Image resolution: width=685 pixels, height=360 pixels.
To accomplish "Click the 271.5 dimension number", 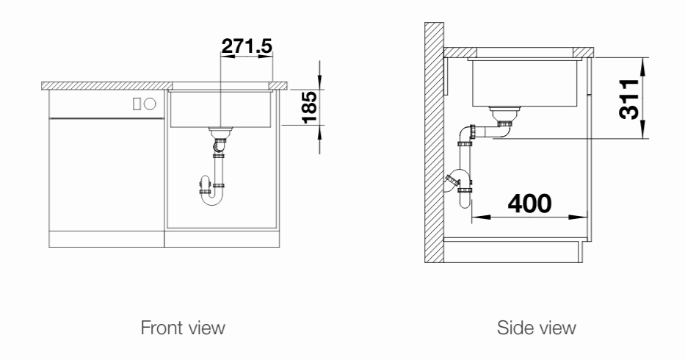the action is pyautogui.click(x=247, y=46).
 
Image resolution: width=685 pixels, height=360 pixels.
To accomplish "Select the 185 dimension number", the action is pyautogui.click(x=309, y=107).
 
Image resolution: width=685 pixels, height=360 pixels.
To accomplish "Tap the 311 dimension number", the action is pyautogui.click(x=629, y=99).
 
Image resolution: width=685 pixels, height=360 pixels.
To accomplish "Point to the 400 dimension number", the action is pyautogui.click(x=530, y=204).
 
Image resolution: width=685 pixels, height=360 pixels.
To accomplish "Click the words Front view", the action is pyautogui.click(x=183, y=328).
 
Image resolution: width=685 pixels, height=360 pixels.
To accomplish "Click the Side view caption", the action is pyautogui.click(x=537, y=328).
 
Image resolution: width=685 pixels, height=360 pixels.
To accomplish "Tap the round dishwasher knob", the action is pyautogui.click(x=150, y=104).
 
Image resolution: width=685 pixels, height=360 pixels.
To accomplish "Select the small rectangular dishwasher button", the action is pyautogui.click(x=137, y=104).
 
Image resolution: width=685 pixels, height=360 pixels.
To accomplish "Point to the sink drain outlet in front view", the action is pyautogui.click(x=220, y=132).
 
